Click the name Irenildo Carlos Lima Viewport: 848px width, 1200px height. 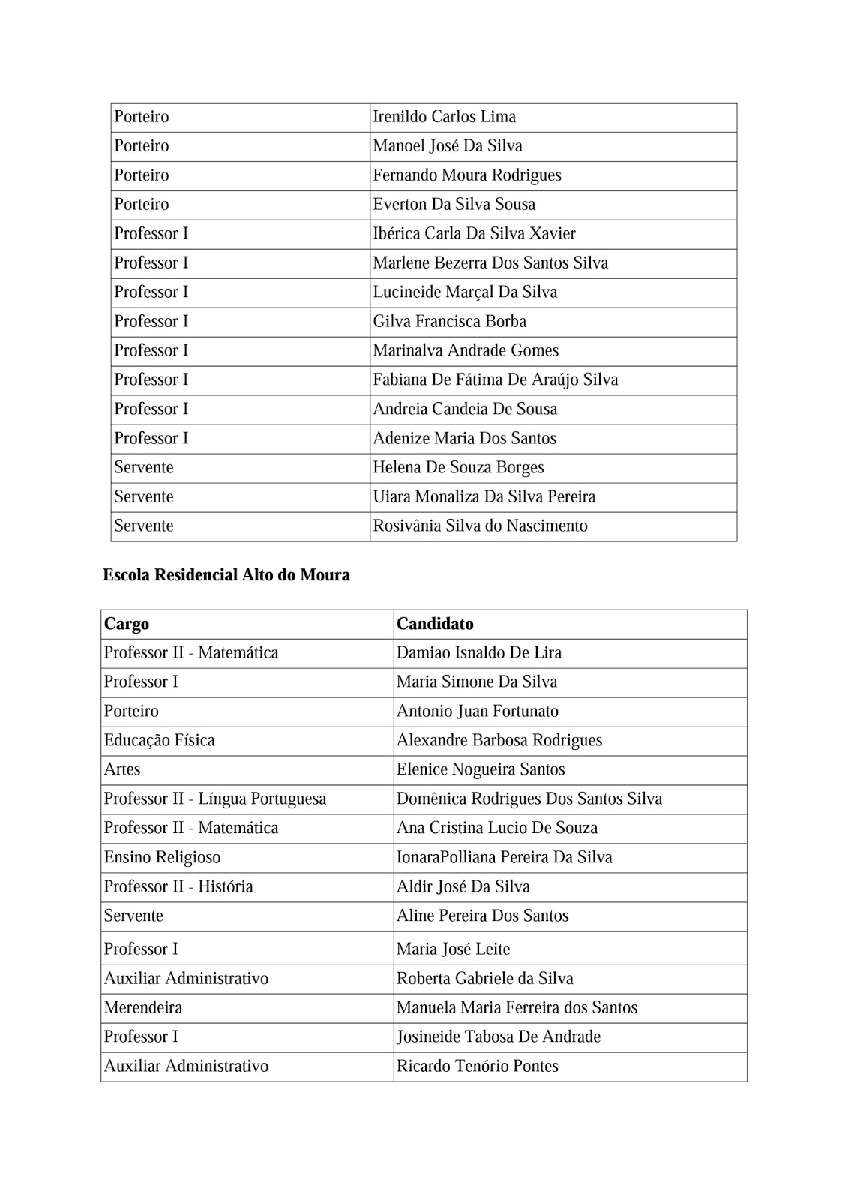pos(445,117)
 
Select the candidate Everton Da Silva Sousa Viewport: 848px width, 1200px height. pos(454,205)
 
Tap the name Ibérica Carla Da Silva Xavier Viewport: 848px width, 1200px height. pos(474,234)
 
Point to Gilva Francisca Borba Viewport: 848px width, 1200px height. pos(450,322)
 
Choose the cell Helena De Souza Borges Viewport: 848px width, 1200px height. pos(458,468)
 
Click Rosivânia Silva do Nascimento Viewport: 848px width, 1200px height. pos(480,526)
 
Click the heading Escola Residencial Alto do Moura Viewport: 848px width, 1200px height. pos(226,575)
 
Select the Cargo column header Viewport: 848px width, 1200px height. pos(127,624)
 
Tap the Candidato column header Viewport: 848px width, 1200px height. pos(435,624)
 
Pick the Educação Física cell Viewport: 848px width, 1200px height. pos(160,741)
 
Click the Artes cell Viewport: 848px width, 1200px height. pos(122,770)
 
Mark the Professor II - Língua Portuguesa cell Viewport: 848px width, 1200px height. pos(215,799)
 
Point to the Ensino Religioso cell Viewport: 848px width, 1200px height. pos(163,858)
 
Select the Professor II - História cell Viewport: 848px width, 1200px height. pos(178,887)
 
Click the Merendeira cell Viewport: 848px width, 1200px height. pos(143,1008)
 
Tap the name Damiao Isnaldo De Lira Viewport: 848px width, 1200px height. pos(479,653)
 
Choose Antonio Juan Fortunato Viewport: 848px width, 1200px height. pos(478,712)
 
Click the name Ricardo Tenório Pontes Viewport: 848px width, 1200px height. pos(478,1066)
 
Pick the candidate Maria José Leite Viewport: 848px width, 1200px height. pos(453,949)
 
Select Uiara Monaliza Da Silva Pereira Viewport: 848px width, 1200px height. pos(484,497)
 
